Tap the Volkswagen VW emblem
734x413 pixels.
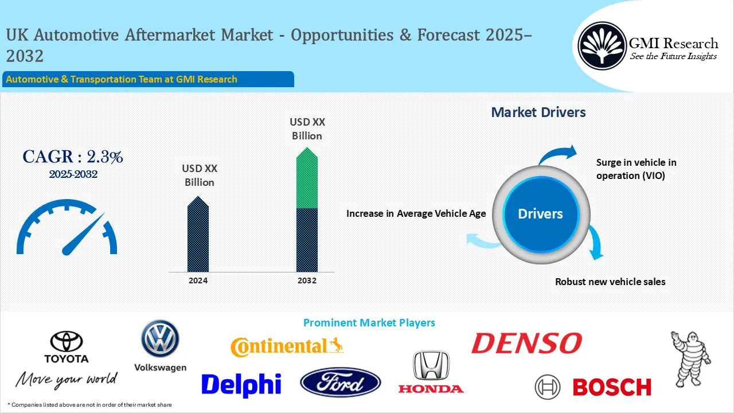click(x=160, y=338)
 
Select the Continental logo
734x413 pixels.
click(x=287, y=346)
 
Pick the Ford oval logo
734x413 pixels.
click(x=340, y=383)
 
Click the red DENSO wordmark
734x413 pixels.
click(x=526, y=343)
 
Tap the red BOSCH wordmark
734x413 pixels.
click(x=612, y=387)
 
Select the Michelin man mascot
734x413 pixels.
click(x=690, y=356)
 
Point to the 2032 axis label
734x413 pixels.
click(x=307, y=280)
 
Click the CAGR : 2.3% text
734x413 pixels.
click(x=73, y=157)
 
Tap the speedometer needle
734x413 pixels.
click(x=84, y=235)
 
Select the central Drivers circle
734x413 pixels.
click(x=540, y=214)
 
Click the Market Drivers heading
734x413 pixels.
click(x=538, y=112)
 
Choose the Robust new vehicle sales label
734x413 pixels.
click(x=610, y=282)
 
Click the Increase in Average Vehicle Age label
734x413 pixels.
click(x=416, y=213)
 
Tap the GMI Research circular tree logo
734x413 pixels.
click(x=602, y=46)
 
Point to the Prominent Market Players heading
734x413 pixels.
click(x=369, y=323)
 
